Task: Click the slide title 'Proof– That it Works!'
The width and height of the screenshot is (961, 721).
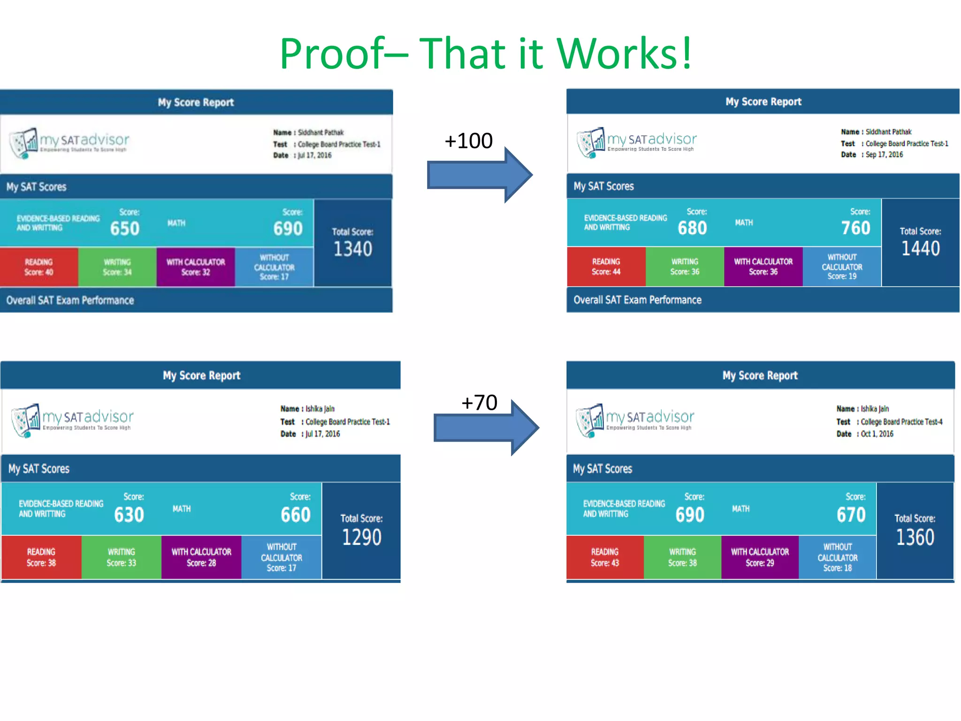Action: click(486, 53)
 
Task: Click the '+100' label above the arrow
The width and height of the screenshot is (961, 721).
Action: click(468, 141)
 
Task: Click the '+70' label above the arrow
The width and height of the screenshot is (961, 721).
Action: click(479, 403)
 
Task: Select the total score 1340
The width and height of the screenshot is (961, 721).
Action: click(353, 249)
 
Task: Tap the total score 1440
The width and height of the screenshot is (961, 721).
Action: click(921, 248)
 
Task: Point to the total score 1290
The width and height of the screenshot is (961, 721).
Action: click(362, 537)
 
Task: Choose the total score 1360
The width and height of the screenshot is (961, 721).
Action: click(915, 537)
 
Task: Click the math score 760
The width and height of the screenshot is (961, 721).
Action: click(855, 228)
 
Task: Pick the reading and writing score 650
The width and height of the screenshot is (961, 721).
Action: click(125, 229)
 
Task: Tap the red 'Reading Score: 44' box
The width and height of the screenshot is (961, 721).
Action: click(606, 267)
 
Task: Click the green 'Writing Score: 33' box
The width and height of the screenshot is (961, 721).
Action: click(121, 557)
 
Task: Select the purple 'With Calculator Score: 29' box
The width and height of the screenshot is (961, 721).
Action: click(760, 557)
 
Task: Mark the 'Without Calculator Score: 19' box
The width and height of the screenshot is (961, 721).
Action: click(842, 267)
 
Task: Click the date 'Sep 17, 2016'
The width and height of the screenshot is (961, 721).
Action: click(884, 155)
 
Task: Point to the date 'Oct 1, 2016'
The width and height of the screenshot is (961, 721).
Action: click(877, 434)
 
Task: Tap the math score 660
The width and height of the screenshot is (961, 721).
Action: click(296, 515)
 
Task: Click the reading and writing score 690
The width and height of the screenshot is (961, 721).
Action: click(690, 515)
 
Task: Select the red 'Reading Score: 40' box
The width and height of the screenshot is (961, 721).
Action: click(39, 267)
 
